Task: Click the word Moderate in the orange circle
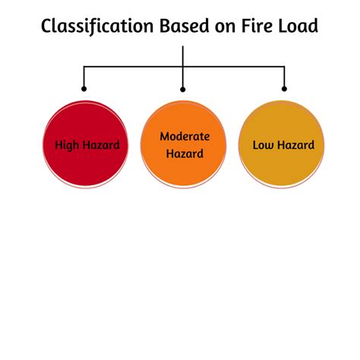pyautogui.click(x=184, y=137)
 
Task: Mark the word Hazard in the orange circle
pyautogui.click(x=184, y=153)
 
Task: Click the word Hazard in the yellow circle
pyautogui.click(x=297, y=144)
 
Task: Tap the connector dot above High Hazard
pyautogui.click(x=84, y=89)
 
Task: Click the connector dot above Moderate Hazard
pyautogui.click(x=183, y=89)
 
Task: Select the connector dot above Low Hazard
pyautogui.click(x=284, y=89)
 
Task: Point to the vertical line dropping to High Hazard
pyautogui.click(x=84, y=78)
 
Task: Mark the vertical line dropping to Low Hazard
pyautogui.click(x=284, y=78)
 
